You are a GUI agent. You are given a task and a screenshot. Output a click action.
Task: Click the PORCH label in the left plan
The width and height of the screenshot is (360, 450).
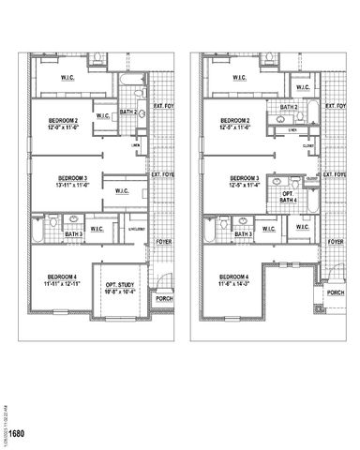coord(164,300)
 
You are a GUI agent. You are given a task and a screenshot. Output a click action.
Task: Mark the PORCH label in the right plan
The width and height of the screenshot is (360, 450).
coord(336,292)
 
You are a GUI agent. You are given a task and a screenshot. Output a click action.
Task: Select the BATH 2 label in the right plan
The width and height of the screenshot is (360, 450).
coord(290,108)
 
